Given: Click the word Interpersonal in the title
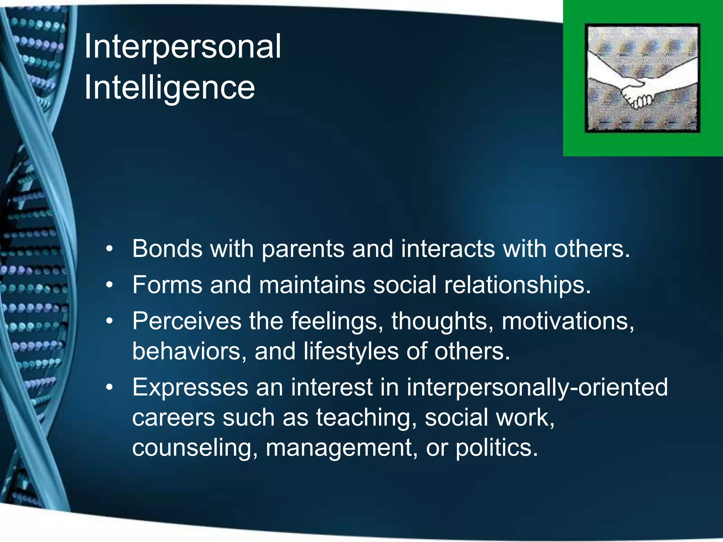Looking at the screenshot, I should click(183, 47).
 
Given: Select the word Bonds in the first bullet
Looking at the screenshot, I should click(167, 249).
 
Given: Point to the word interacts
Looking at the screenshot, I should click(448, 249).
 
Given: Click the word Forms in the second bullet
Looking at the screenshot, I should click(167, 285).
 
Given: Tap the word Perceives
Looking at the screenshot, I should click(186, 321).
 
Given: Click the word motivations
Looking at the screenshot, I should click(568, 321).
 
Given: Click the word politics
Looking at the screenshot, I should click(496, 448).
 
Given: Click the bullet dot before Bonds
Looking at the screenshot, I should click(110, 249).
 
